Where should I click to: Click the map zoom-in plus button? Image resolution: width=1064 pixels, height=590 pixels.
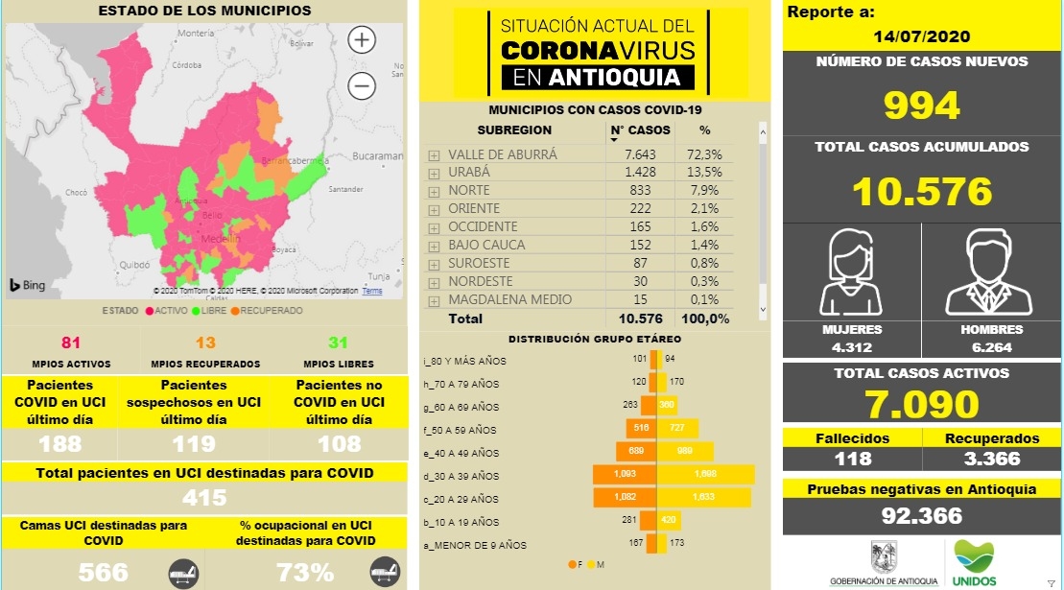click(x=361, y=40)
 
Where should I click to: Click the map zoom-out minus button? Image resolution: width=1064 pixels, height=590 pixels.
click(x=361, y=86)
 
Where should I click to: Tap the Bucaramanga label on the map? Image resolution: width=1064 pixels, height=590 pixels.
click(x=379, y=155)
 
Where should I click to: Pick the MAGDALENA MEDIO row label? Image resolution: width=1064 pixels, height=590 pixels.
click(x=509, y=299)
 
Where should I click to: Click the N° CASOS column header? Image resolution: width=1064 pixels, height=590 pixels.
click(x=640, y=130)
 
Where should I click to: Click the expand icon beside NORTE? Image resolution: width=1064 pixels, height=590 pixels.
click(x=434, y=191)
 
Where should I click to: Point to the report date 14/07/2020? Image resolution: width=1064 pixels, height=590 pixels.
click(x=922, y=36)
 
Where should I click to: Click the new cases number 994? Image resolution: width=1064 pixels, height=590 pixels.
click(x=921, y=106)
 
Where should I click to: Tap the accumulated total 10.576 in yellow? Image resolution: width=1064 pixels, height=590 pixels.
click(x=921, y=191)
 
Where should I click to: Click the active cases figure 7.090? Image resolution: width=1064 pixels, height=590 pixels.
click(x=921, y=404)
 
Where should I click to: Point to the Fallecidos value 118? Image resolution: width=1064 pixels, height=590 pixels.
click(x=852, y=459)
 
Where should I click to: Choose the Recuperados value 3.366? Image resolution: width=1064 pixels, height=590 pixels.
click(x=990, y=459)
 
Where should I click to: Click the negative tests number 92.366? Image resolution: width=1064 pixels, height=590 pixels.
click(x=921, y=516)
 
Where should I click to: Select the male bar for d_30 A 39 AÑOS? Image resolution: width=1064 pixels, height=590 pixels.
click(x=704, y=475)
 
